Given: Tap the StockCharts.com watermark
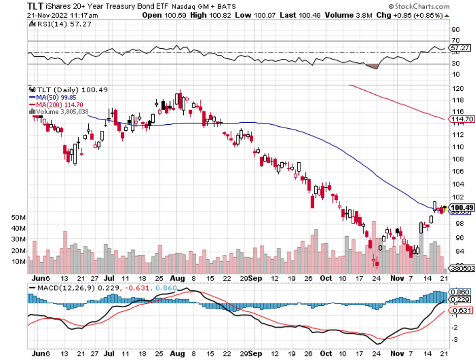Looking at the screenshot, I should [x=418, y=7].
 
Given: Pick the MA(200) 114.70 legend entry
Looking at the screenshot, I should [x=54, y=104].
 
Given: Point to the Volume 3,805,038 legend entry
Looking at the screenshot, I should [x=59, y=112].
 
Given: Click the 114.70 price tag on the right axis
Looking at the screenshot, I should [x=462, y=120].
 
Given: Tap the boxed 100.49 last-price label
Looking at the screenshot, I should [x=462, y=208].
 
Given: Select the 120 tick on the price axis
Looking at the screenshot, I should [x=457, y=89].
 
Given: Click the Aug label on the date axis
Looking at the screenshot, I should [x=177, y=278].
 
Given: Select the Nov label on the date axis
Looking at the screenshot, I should [x=401, y=278].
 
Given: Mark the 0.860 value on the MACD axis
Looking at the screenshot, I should [x=461, y=293].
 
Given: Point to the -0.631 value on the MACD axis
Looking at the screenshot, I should [x=461, y=310].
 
